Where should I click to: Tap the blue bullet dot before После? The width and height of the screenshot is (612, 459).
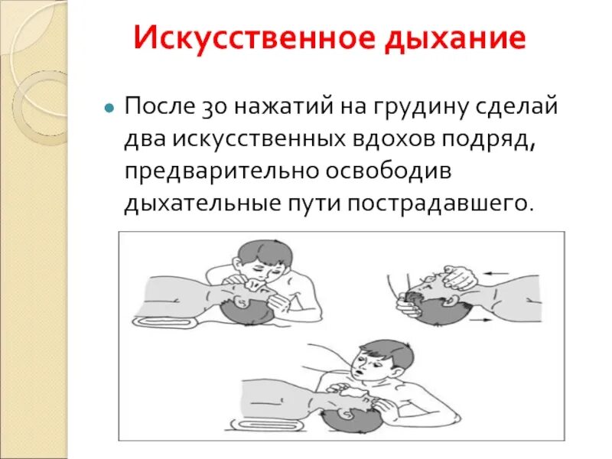(x=109, y=108)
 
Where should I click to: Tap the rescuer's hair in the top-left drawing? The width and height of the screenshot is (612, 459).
(x=259, y=252)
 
